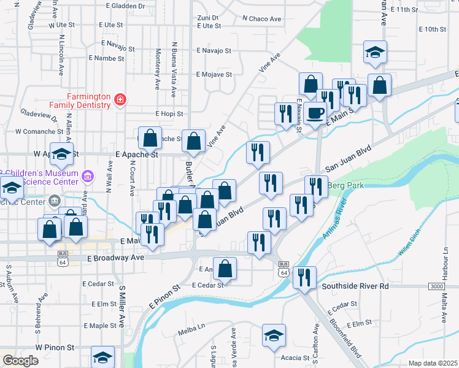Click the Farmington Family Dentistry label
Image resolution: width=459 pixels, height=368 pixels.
coord(89,101)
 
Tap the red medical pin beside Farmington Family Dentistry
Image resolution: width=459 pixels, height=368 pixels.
coord(120,99)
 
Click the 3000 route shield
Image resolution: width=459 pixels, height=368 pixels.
coord(436,286)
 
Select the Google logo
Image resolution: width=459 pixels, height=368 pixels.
coord(20,361)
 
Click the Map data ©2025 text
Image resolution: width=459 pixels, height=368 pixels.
coord(433,363)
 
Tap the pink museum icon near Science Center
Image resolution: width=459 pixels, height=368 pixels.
coord(88,177)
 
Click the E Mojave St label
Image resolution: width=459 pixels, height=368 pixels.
coord(214,75)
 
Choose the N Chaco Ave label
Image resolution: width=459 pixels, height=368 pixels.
coord(261,19)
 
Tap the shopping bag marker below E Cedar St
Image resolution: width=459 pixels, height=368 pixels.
coord(226,268)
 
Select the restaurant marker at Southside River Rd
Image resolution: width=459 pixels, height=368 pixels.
coord(304,278)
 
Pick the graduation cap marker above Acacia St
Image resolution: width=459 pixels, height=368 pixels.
coord(274,335)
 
